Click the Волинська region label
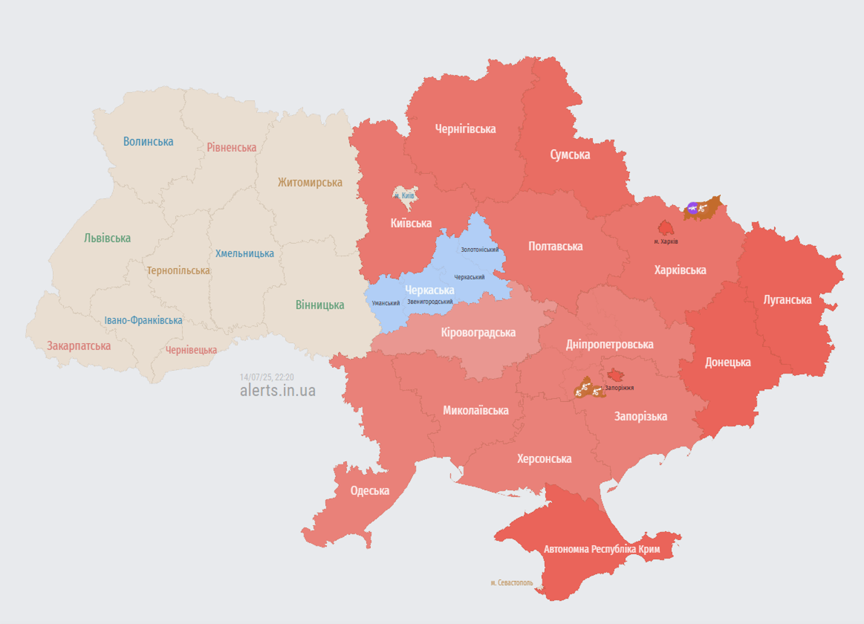point(148,141)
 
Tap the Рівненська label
point(231,148)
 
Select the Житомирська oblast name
point(310,183)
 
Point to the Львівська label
point(107,238)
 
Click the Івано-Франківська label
point(143,320)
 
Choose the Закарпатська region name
point(79,346)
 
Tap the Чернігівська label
point(465,129)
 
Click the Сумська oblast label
point(570,155)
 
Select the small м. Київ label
point(405,196)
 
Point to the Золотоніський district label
point(480,250)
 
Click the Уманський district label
point(386,303)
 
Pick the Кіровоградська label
point(478,333)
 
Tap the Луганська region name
point(787,300)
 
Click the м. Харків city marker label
point(666,241)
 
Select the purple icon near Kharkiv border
point(692,208)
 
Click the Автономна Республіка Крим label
point(602,549)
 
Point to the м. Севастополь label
point(512,583)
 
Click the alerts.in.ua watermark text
point(278,391)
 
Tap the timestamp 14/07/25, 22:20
point(267,377)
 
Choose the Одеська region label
point(370,491)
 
